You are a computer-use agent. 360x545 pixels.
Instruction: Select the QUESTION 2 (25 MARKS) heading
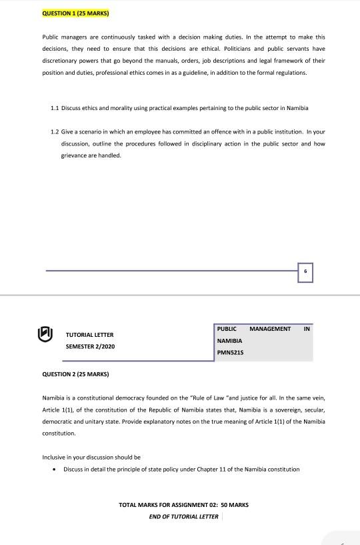pos(75,374)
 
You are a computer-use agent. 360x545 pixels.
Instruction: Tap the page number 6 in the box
pos(305,272)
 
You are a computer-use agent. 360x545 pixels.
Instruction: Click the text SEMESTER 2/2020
pos(90,347)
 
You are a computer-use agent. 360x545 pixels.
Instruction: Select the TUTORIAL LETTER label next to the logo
pos(89,335)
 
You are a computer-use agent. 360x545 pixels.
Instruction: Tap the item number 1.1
pos(55,108)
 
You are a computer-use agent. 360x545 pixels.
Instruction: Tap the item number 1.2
pos(55,131)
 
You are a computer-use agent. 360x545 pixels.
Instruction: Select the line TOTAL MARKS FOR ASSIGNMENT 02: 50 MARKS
pos(183,505)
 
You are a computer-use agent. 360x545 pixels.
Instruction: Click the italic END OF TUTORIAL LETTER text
pos(183,516)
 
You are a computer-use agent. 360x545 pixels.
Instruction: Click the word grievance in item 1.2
pos(74,155)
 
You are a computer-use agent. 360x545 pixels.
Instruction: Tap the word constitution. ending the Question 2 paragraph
pos(59,433)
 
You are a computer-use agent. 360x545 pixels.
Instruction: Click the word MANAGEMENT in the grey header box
pos(270,329)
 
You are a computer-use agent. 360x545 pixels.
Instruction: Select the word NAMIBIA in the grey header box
pos(229,341)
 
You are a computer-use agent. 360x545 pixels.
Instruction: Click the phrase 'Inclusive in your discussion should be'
pos(91,458)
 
